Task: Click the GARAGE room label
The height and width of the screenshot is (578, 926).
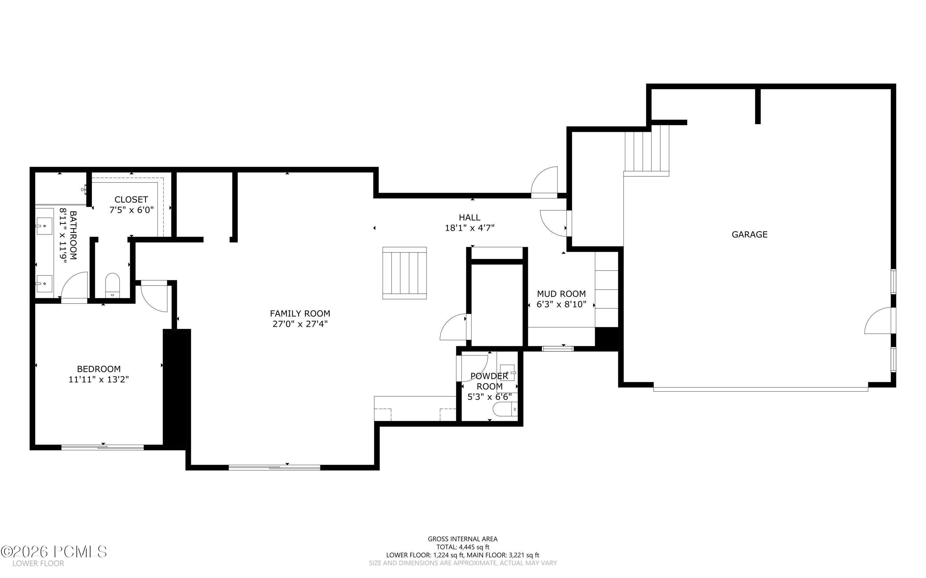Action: click(749, 234)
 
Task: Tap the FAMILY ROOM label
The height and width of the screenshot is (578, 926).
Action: click(300, 314)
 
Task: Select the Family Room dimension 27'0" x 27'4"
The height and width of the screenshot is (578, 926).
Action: click(300, 324)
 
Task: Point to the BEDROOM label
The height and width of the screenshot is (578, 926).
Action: click(99, 369)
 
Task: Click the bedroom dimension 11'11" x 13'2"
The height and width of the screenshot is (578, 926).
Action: click(99, 380)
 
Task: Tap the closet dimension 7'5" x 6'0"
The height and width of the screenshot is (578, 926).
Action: click(131, 210)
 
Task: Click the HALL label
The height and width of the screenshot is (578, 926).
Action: click(469, 218)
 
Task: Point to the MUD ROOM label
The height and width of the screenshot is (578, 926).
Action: click(561, 294)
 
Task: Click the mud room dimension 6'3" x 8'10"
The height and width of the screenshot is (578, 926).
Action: click(561, 305)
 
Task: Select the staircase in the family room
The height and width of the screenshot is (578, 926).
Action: click(404, 273)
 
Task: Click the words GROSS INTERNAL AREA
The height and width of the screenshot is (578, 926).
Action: click(463, 539)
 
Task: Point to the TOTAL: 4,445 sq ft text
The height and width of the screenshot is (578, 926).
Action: click(463, 547)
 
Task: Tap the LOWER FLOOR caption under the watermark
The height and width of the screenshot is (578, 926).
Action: click(38, 563)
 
